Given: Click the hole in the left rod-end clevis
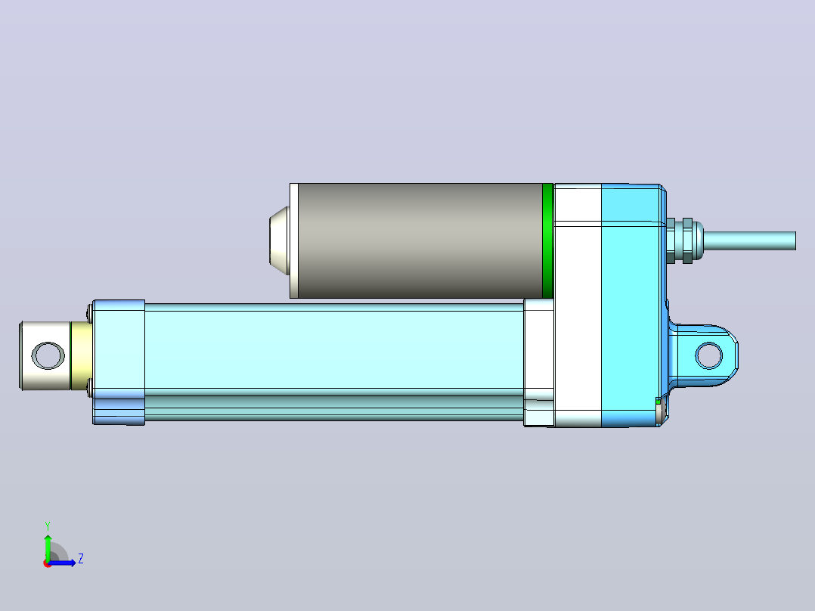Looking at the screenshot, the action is [x=48, y=355].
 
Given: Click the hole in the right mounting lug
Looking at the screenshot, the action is [x=708, y=355].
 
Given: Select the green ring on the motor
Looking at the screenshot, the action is [x=547, y=240].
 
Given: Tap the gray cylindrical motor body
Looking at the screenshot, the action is [x=420, y=240].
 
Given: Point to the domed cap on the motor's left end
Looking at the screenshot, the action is [x=280, y=240].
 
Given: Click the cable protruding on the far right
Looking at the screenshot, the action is [x=749, y=240].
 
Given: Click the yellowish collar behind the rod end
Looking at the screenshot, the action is [x=82, y=355].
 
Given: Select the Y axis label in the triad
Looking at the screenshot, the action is [x=48, y=526].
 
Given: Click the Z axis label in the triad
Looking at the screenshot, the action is [x=81, y=559].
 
